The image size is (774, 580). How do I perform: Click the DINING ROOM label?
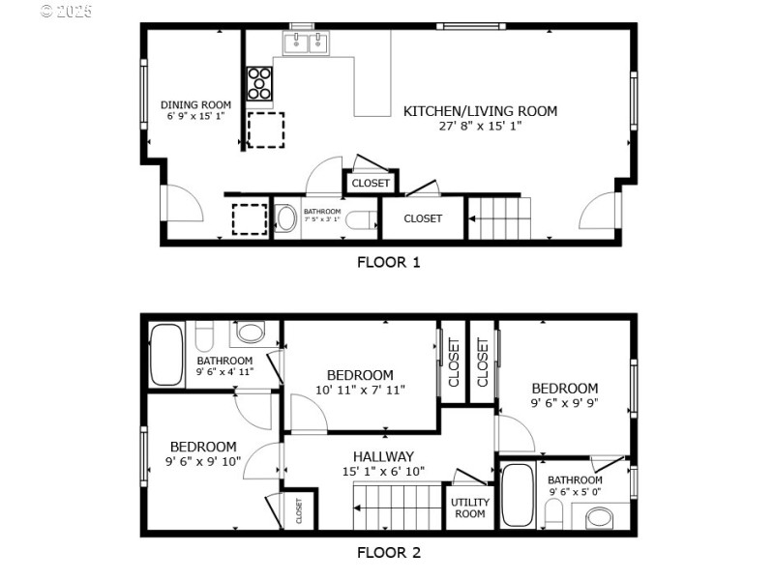[x=195, y=104]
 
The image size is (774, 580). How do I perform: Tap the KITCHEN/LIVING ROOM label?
[x=480, y=111]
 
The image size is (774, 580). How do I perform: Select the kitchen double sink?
[x=307, y=43]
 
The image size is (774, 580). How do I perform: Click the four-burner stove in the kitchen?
[x=259, y=83]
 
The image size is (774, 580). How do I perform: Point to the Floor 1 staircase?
[x=500, y=217]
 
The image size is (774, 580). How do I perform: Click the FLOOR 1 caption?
[x=388, y=261]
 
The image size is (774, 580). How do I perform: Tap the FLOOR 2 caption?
[x=388, y=554]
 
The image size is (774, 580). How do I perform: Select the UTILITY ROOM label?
[x=469, y=508]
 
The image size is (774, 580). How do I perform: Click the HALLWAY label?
[x=383, y=456]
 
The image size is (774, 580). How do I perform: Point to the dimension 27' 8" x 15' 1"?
[x=480, y=127]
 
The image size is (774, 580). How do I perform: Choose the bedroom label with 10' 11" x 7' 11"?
[x=360, y=375]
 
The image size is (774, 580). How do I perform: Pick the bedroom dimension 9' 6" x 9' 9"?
[x=564, y=403]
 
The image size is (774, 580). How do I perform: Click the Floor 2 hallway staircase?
[x=397, y=506]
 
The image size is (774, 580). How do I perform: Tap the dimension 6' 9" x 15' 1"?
[x=195, y=116]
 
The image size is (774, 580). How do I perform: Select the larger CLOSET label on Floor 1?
[x=423, y=218]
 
